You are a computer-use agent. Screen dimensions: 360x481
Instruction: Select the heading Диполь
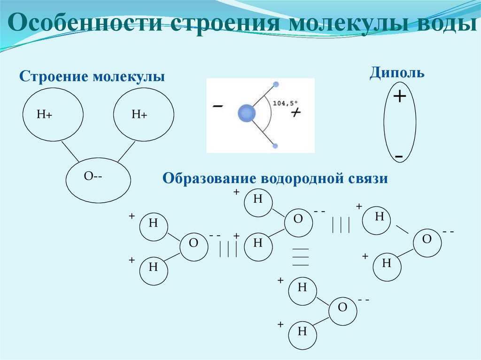click(x=397, y=73)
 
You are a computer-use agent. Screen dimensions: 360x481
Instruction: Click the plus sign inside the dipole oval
click(x=399, y=97)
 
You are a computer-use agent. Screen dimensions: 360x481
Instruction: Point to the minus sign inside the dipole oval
click(x=399, y=155)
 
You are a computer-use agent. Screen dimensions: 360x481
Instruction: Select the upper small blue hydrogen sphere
click(x=276, y=84)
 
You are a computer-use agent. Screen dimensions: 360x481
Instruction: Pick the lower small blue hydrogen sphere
click(x=276, y=146)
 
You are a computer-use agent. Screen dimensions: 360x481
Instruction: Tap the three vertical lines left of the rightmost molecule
click(x=341, y=225)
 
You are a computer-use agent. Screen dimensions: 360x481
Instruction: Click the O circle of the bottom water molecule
click(x=342, y=308)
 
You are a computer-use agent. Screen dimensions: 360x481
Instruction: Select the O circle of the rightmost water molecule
click(x=427, y=239)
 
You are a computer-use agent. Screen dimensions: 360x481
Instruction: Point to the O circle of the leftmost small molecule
click(x=194, y=243)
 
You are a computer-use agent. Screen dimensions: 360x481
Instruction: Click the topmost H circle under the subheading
click(x=258, y=199)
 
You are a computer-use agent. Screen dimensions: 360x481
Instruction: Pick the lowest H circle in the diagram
click(x=302, y=332)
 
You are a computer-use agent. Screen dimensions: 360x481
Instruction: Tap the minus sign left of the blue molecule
click(x=217, y=107)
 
